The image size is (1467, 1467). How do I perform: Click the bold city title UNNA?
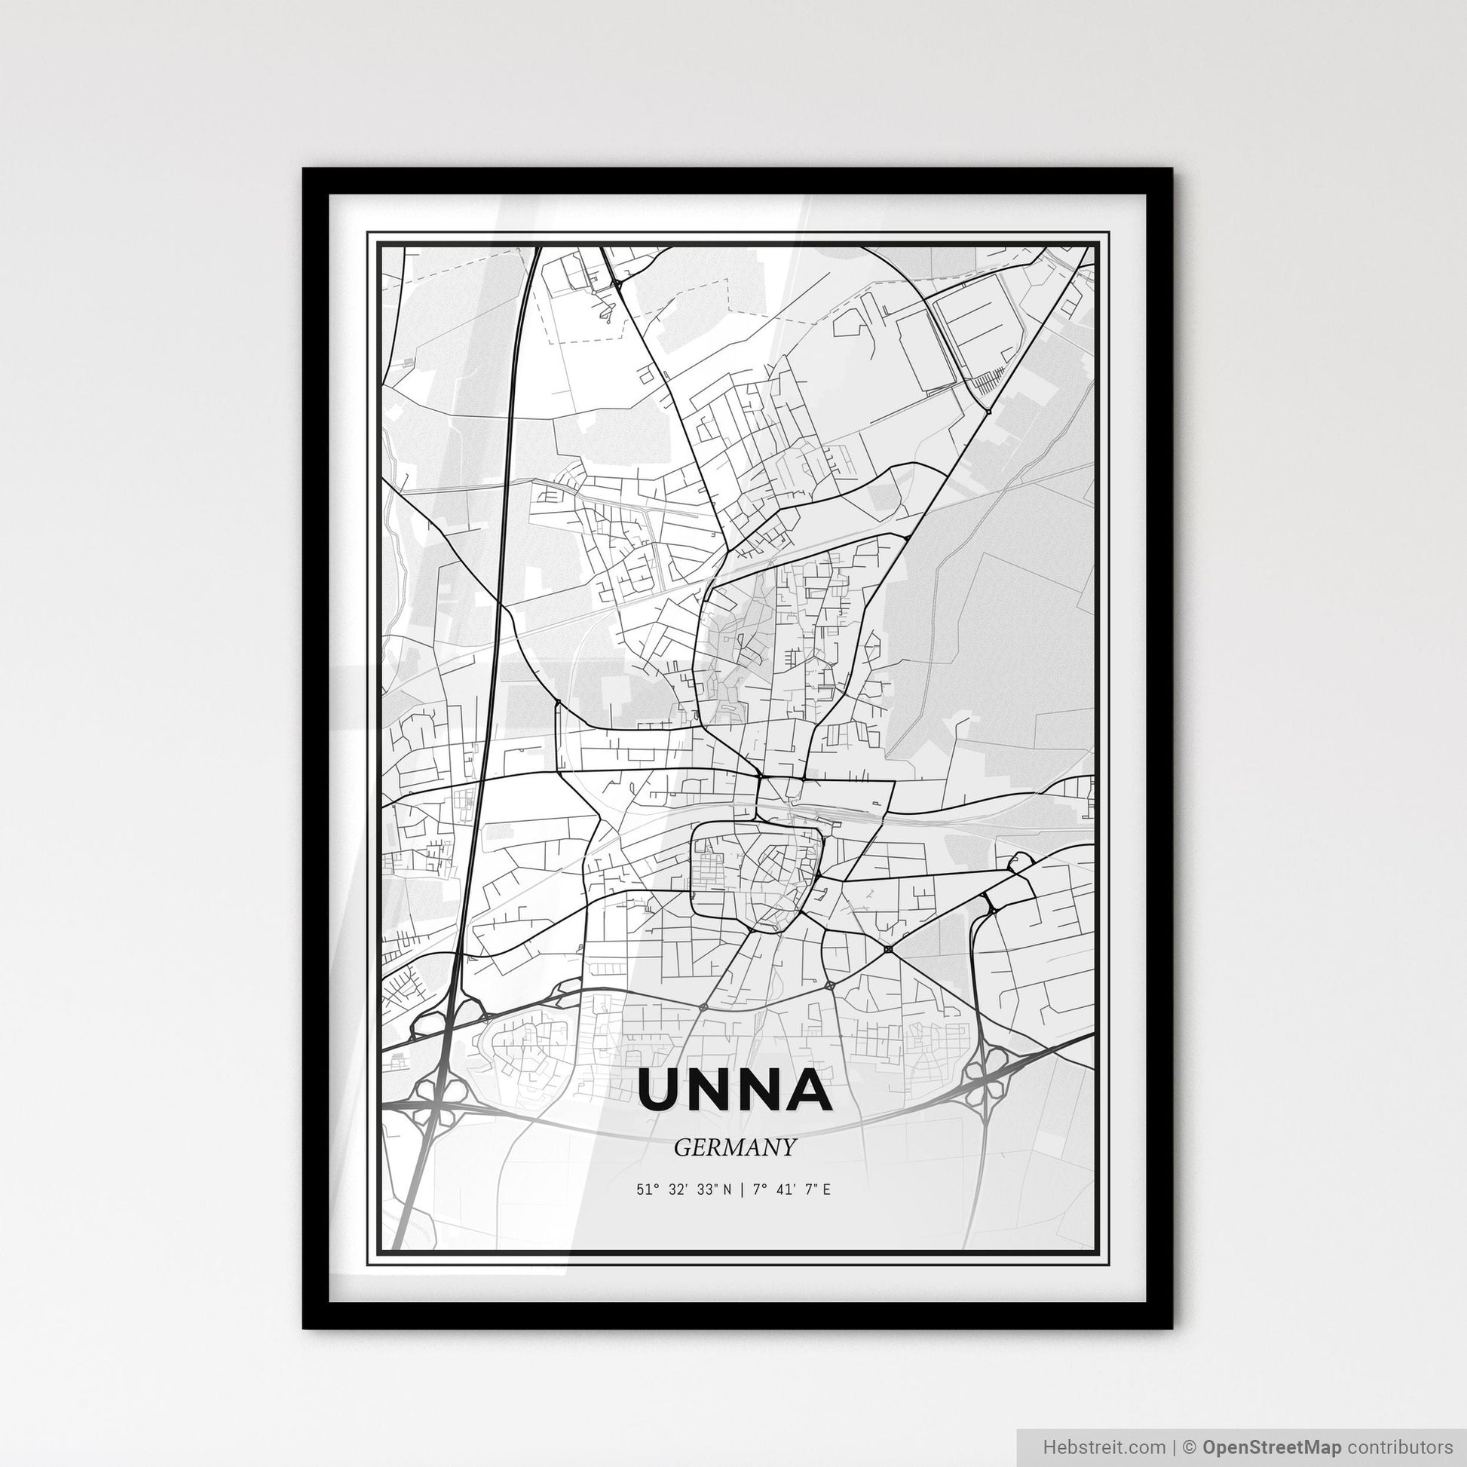point(734,1089)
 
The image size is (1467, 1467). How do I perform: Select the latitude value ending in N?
point(684,1190)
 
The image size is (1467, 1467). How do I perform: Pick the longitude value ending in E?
point(792,1190)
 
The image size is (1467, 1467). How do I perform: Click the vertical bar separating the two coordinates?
point(742,1190)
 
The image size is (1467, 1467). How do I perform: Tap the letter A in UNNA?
point(807,1089)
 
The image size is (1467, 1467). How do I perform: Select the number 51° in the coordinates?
point(646,1190)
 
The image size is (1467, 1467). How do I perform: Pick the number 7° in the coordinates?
point(758,1190)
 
